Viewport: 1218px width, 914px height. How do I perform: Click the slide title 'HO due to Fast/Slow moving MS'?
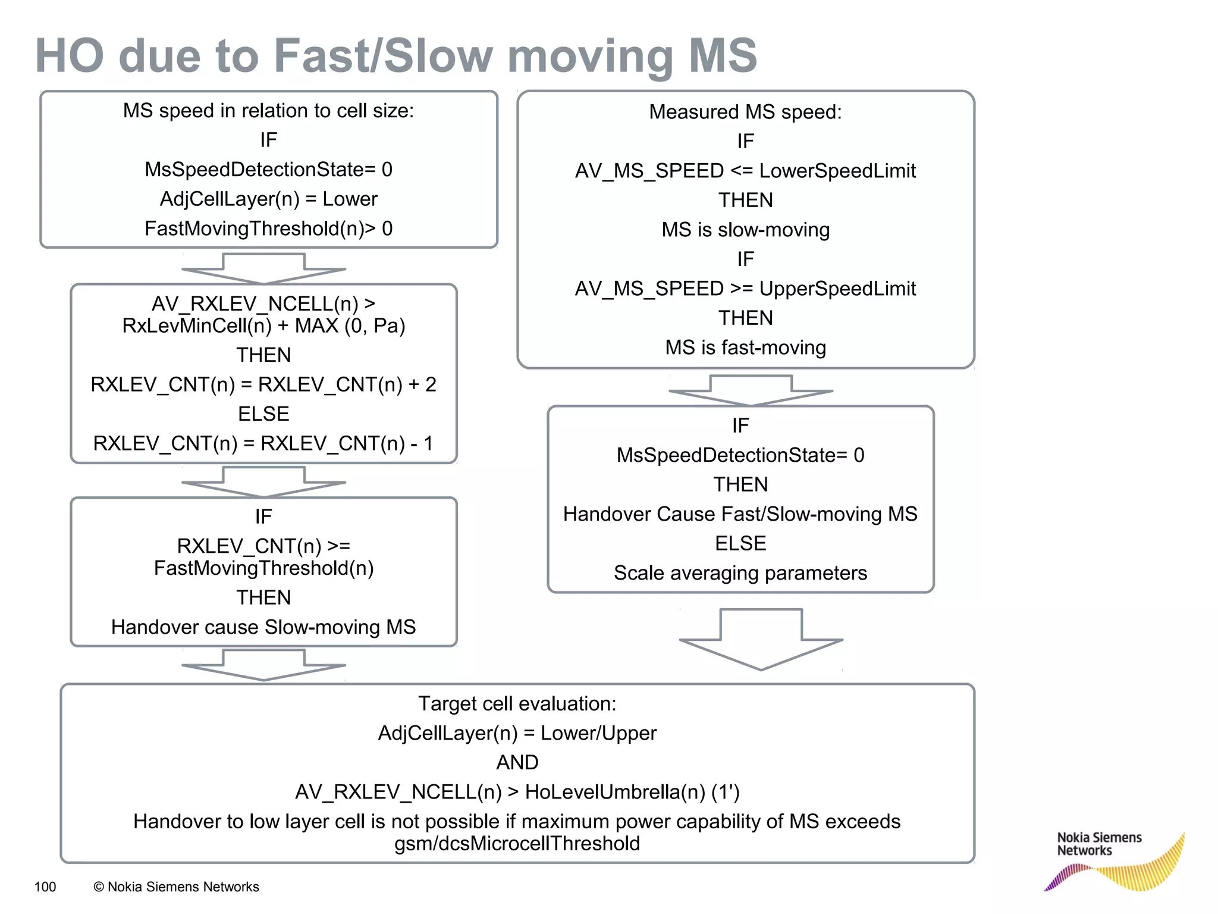395,56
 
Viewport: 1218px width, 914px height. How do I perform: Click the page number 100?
45,887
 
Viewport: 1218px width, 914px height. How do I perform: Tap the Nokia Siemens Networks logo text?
1098,844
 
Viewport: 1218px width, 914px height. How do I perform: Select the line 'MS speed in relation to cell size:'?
268,111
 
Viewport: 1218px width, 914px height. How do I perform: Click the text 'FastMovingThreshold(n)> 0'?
268,228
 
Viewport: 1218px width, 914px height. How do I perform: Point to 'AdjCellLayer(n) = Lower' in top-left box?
268,199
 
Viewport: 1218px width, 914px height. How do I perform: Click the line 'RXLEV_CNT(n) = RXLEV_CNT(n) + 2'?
263,384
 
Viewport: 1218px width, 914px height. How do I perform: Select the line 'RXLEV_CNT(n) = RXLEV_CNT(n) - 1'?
263,443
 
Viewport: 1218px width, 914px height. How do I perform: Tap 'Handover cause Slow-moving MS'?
263,627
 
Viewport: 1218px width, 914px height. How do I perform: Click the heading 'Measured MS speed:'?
745,112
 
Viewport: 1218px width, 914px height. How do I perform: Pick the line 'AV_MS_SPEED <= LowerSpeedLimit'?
745,171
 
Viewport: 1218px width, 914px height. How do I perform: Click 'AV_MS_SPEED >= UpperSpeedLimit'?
745,289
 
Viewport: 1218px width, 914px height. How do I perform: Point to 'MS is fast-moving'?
745,348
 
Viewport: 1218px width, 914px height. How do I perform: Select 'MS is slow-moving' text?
745,230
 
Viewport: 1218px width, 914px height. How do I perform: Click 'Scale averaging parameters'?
740,573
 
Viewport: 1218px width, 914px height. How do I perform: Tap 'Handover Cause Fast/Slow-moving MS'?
740,514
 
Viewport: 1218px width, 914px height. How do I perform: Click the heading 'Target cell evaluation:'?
517,703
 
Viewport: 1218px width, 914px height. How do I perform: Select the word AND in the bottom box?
517,762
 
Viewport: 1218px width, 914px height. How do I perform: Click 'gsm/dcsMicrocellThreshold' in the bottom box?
517,844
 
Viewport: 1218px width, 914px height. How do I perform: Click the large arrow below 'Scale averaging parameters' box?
761,640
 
